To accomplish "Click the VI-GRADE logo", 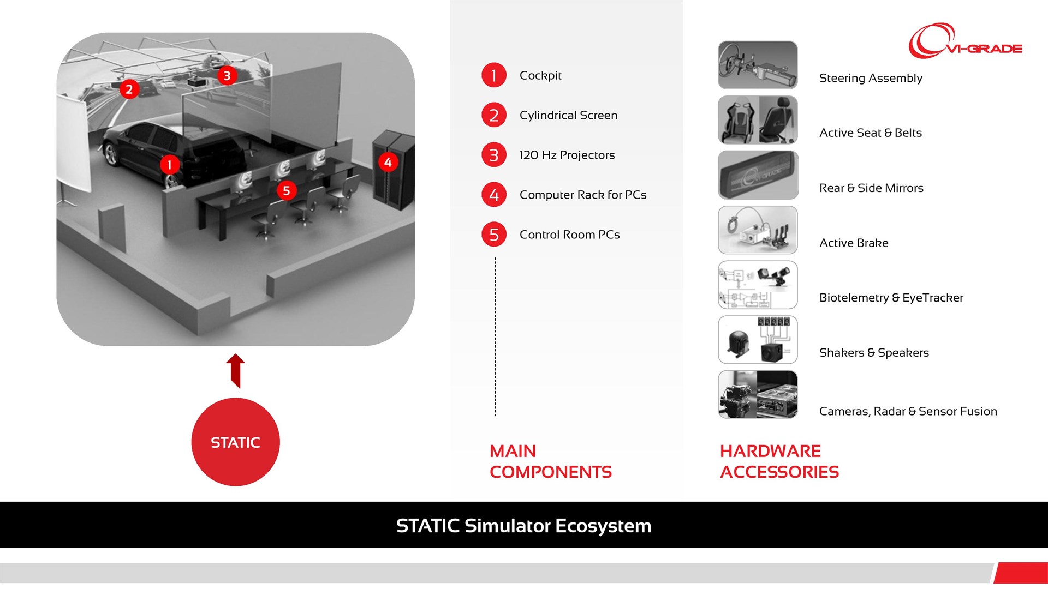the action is point(965,41).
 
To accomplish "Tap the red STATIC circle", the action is point(235,442).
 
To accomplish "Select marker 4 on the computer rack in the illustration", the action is point(388,162).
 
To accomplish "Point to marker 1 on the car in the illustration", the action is point(169,165).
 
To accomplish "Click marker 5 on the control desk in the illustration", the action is point(287,190).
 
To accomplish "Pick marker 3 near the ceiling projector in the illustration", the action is point(227,75).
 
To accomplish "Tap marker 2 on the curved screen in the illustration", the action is point(129,89).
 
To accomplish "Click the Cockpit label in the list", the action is point(540,75).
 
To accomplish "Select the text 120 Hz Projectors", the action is point(567,155).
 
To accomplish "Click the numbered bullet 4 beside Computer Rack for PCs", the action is point(494,195).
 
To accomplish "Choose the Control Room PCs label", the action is point(570,235).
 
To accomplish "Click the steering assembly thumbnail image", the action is point(758,65).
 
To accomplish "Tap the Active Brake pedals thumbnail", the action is point(758,230).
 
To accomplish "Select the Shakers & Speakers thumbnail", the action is point(758,340).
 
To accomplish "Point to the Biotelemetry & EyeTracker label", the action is point(891,298).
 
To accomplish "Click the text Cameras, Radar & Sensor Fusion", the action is point(908,411).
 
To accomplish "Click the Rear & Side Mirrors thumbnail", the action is point(758,175).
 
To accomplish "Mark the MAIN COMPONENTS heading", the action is point(551,461).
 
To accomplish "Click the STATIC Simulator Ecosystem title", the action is point(524,526).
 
